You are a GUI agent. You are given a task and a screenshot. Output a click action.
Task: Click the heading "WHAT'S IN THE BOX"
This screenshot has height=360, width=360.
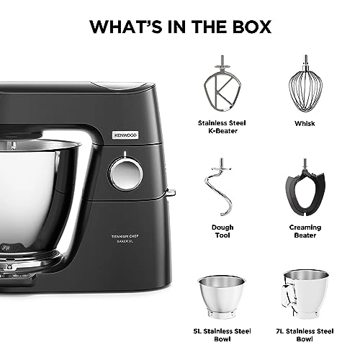pyautogui.click(x=180, y=27)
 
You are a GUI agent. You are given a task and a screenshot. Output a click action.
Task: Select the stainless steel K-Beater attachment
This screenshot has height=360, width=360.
pyautogui.click(x=222, y=88)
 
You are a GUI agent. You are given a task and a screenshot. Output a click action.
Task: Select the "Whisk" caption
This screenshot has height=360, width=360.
pyautogui.click(x=304, y=123)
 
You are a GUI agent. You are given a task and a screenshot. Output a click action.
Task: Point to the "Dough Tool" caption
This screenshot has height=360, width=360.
pyautogui.click(x=222, y=230)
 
